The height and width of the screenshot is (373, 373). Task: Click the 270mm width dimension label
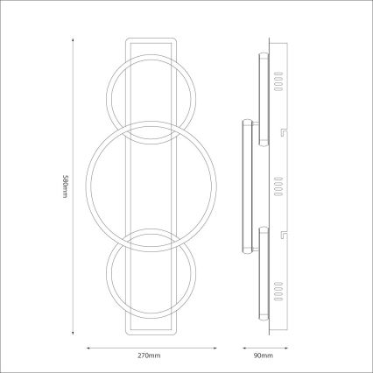click(149, 355)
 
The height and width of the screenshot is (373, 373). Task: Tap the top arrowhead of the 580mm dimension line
click(69, 39)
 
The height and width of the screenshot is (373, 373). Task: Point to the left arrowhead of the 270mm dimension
click(88, 347)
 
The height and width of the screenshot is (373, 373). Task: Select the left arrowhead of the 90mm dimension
click(242, 347)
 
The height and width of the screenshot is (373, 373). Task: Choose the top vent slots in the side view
click(279, 82)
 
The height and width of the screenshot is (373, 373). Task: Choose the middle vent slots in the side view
click(279, 185)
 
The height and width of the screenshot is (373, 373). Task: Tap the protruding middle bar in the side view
click(248, 185)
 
